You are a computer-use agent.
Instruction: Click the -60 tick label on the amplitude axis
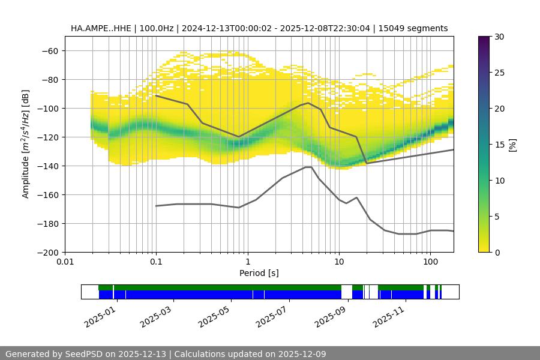pyautogui.click(x=49, y=50)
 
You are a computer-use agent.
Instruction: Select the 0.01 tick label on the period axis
pyautogui.click(x=65, y=262)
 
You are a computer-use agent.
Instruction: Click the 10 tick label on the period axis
pyautogui.click(x=339, y=262)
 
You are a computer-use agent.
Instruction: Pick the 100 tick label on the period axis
pyautogui.click(x=430, y=262)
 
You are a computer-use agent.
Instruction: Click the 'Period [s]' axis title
pyautogui.click(x=259, y=273)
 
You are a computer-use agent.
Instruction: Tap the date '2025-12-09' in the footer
pyautogui.click(x=298, y=354)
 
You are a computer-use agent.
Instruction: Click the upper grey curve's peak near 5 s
pyautogui.click(x=308, y=103)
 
